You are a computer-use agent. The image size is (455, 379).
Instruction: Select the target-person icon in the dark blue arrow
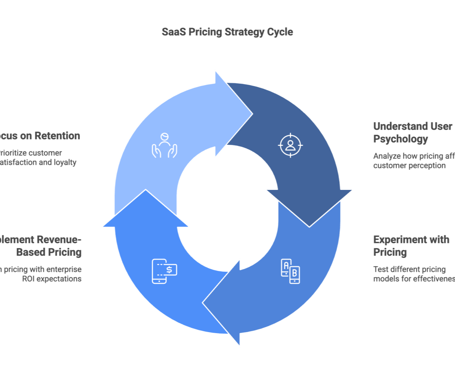click(x=290, y=145)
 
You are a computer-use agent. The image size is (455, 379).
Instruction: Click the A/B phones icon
click(x=290, y=271)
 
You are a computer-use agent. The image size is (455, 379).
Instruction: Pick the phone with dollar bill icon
click(x=165, y=271)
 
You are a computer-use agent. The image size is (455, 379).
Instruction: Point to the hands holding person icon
click(x=164, y=145)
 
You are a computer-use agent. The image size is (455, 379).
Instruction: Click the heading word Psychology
click(x=400, y=139)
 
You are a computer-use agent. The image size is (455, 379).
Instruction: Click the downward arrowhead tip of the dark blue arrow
click(x=309, y=226)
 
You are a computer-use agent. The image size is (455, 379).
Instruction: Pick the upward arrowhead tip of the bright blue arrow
click(x=146, y=191)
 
